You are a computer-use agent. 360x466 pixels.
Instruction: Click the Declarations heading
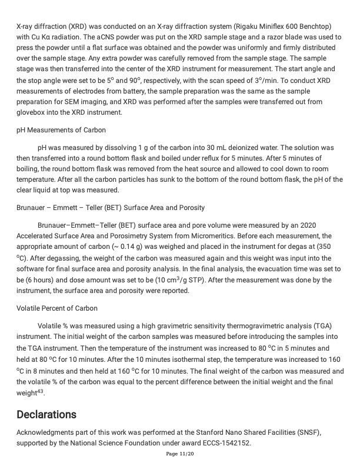click(x=46, y=414)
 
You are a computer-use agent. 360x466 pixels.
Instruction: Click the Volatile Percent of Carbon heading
click(x=57, y=308)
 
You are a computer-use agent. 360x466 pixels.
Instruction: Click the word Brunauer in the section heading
click(x=34, y=208)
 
